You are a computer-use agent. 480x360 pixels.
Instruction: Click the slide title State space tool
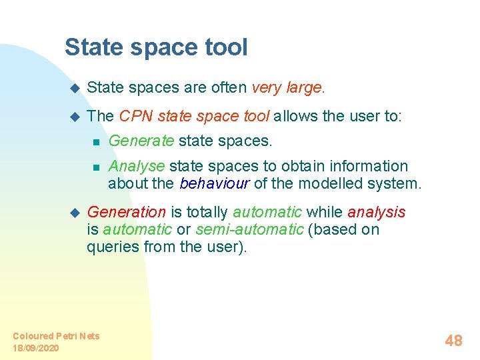(156, 47)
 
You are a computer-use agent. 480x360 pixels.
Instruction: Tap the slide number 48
(453, 341)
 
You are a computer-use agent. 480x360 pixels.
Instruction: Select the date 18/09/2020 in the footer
(35, 348)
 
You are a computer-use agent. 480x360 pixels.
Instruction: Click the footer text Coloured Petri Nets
(56, 336)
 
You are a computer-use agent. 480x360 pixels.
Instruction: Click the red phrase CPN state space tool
(194, 116)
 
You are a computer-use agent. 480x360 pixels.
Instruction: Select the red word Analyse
(137, 166)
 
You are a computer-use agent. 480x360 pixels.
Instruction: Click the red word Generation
(127, 213)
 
